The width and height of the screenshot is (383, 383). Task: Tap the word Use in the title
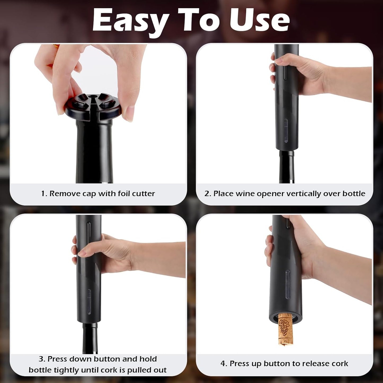(x=259, y=21)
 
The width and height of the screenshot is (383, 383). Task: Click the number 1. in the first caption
(x=44, y=193)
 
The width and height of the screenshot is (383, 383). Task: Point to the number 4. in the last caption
(x=224, y=364)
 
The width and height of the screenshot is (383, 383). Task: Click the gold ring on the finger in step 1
(x=56, y=46)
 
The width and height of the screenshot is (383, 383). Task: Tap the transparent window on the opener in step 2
(x=286, y=131)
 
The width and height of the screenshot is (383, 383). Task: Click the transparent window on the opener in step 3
(x=89, y=302)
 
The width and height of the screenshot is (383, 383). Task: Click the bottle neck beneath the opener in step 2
(x=287, y=167)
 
